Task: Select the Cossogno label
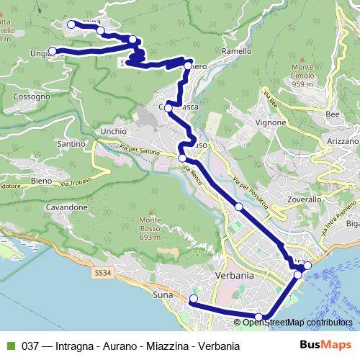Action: click(32, 96)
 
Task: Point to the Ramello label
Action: click(237, 52)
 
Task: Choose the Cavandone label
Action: click(67, 207)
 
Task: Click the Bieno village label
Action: click(41, 180)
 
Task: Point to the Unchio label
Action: click(114, 132)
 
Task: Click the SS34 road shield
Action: click(103, 272)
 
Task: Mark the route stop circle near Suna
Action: click(193, 299)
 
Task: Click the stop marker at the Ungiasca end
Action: click(52, 50)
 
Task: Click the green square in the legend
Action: click(10, 346)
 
